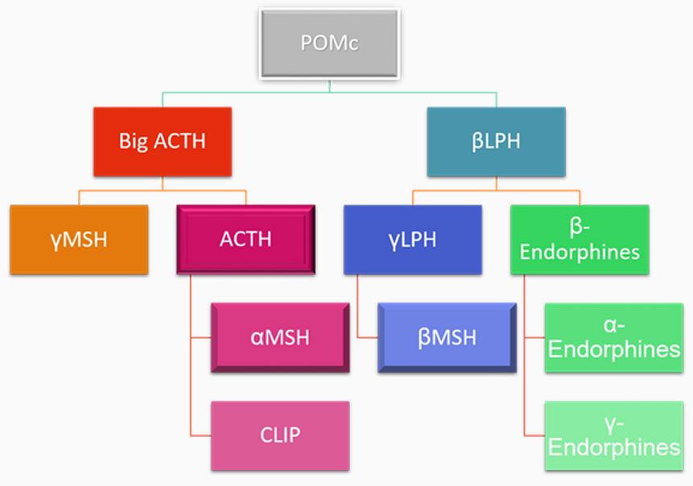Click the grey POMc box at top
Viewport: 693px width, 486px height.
328,43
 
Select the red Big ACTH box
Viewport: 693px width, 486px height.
163,142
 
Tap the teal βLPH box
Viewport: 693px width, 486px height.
496,142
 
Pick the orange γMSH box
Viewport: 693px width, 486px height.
79,240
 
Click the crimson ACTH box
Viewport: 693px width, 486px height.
245,240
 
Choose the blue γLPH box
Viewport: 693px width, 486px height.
412,240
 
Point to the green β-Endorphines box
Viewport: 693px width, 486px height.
580,240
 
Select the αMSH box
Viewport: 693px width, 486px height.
279,337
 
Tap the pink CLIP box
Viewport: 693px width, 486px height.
279,435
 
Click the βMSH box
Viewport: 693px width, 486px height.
447,337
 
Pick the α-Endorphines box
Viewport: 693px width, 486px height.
613,338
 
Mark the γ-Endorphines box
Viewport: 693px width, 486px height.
613,435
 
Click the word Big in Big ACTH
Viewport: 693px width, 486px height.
134,142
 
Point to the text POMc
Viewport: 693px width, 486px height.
329,43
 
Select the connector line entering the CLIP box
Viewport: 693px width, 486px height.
201,435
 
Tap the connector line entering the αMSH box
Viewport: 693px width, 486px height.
201,337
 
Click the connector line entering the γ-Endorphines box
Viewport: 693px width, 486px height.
534,435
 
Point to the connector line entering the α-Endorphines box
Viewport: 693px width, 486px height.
534,338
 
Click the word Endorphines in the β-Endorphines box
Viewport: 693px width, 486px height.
580,252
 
